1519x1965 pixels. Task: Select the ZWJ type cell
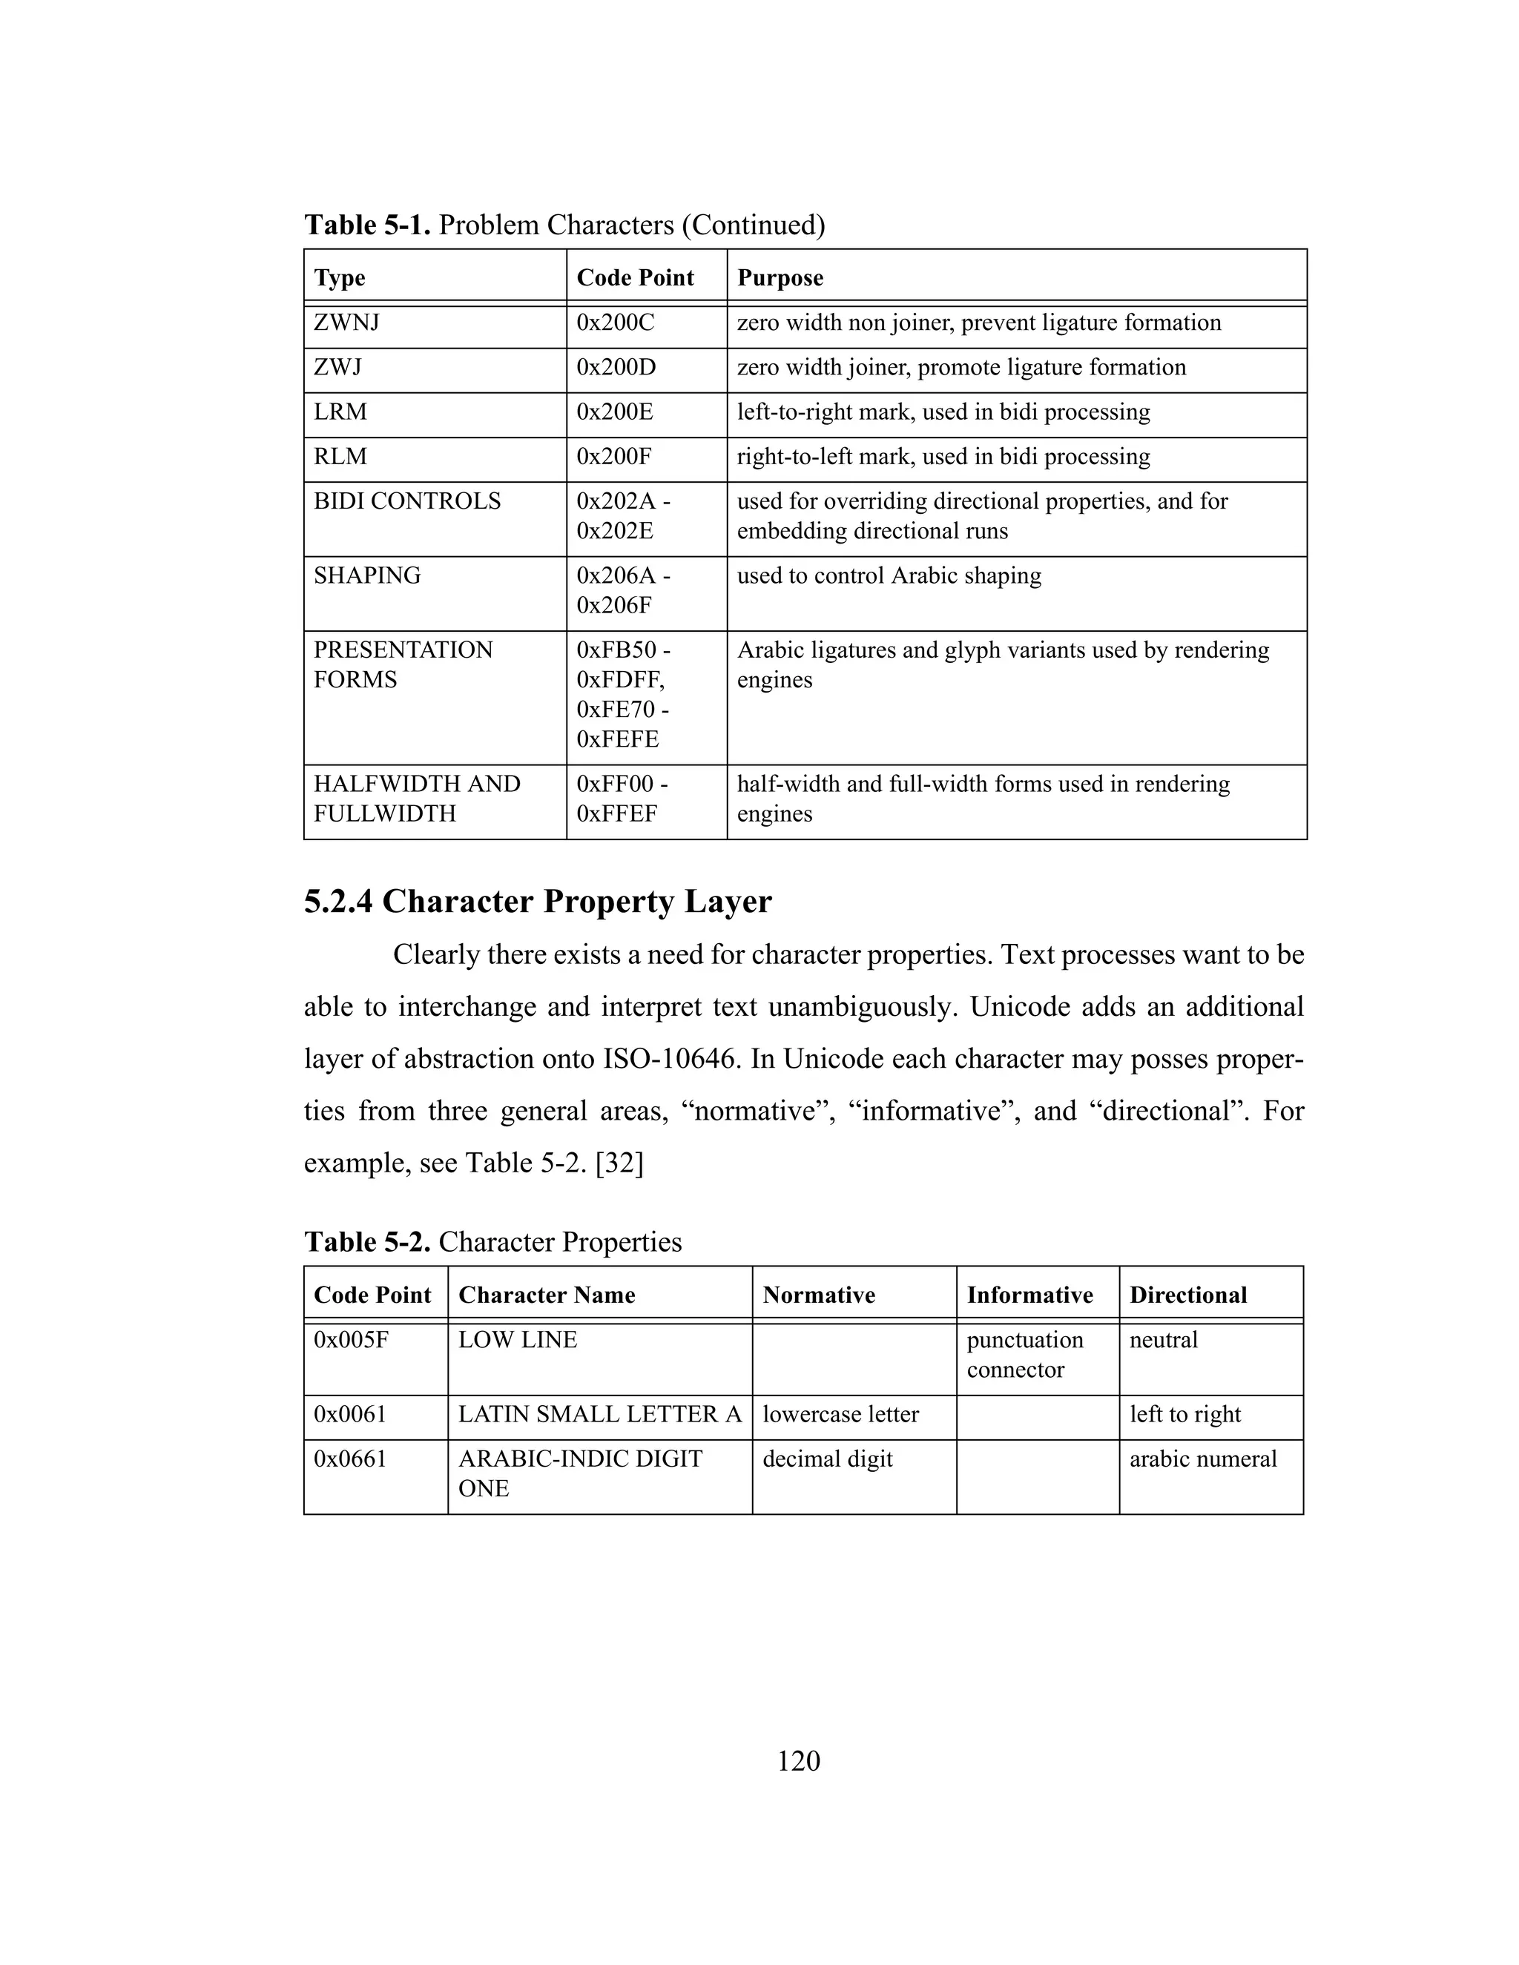coord(337,367)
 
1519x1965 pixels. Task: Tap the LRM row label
coord(340,412)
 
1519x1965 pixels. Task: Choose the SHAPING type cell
coord(367,576)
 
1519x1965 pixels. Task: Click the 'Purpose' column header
coord(780,278)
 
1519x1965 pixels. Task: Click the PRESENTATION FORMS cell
coord(403,665)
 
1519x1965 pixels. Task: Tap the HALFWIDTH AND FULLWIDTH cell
coord(417,798)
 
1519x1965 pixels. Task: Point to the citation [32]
coord(619,1163)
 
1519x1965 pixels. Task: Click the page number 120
coord(798,1761)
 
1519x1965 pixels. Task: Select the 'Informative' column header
coord(1029,1295)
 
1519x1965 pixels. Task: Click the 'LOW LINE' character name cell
coord(518,1341)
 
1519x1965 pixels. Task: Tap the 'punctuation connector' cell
coord(1025,1355)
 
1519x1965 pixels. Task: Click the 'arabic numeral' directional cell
coord(1203,1459)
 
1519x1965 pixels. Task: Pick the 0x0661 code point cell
coord(350,1459)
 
